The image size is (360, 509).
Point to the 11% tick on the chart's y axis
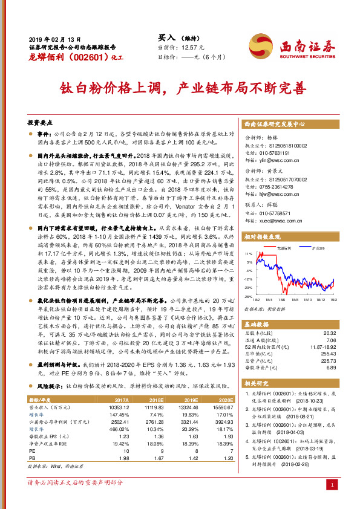[249, 254]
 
